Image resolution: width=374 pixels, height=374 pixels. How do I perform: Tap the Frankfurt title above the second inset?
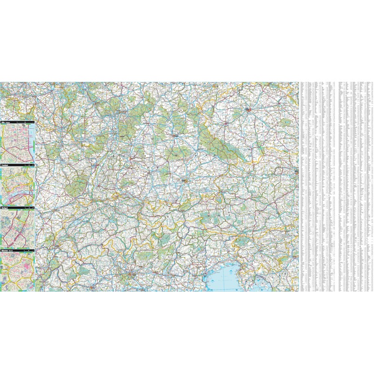coord(6,165)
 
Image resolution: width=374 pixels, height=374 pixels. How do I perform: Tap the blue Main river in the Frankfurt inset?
coord(19,192)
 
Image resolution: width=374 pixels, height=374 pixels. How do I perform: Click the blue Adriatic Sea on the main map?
coord(229,280)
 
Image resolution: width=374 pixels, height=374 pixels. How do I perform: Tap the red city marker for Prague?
coord(249,110)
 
